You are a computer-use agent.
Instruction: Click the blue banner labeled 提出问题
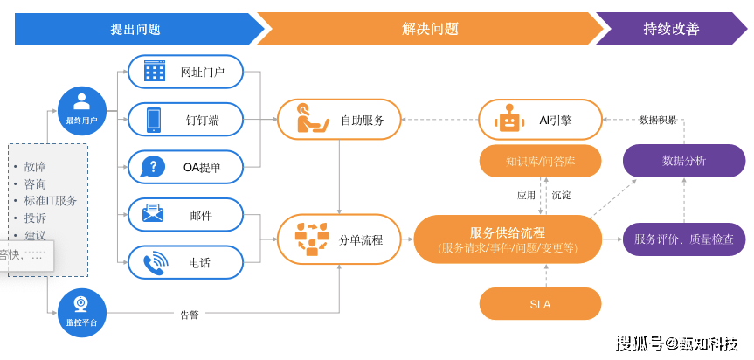(x=135, y=29)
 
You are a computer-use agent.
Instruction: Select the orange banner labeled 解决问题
(x=429, y=29)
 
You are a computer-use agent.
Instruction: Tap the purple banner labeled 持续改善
(x=671, y=29)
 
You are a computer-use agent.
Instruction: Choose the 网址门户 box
(x=185, y=72)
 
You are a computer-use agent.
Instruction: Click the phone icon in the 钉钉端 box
(x=155, y=120)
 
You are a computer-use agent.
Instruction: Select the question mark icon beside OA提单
(x=154, y=167)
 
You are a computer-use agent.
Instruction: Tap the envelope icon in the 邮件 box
(x=154, y=213)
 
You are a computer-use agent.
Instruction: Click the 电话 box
(x=185, y=261)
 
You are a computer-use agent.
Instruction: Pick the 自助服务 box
(x=339, y=120)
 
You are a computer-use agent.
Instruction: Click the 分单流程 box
(x=339, y=239)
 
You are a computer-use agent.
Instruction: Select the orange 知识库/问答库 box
(x=540, y=161)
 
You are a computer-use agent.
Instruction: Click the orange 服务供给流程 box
(x=508, y=239)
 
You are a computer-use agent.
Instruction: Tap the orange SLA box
(x=540, y=304)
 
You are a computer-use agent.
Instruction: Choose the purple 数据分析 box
(x=684, y=161)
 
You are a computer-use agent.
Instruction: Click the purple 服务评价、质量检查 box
(x=684, y=239)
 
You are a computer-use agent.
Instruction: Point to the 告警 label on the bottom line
(x=190, y=315)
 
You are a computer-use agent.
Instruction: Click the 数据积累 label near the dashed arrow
(x=658, y=120)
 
